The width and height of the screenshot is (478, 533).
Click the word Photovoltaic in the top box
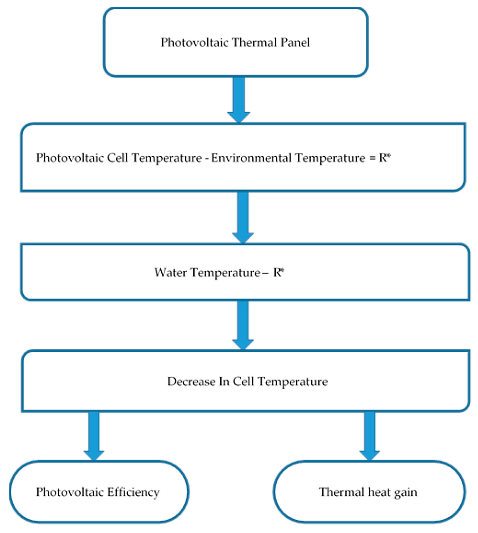(194, 43)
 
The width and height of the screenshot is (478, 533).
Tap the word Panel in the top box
(295, 43)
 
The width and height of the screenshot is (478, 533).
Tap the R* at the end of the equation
(385, 158)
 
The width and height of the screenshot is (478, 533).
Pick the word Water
(171, 272)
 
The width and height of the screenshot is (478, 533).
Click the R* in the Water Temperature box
(278, 272)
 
